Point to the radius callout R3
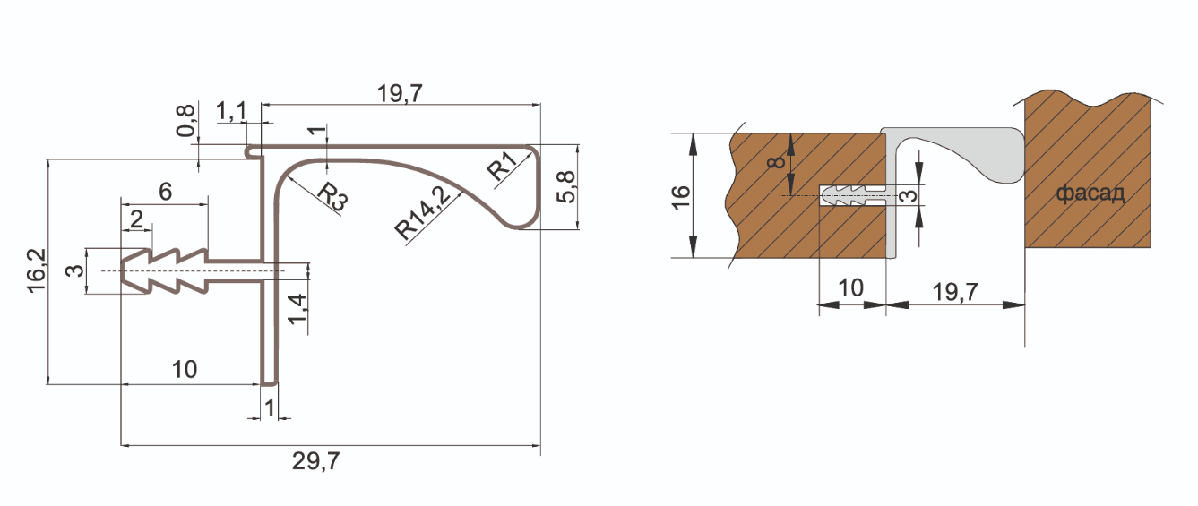(332, 195)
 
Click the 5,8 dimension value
(565, 186)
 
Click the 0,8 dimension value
(185, 120)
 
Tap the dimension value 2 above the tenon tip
(135, 219)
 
